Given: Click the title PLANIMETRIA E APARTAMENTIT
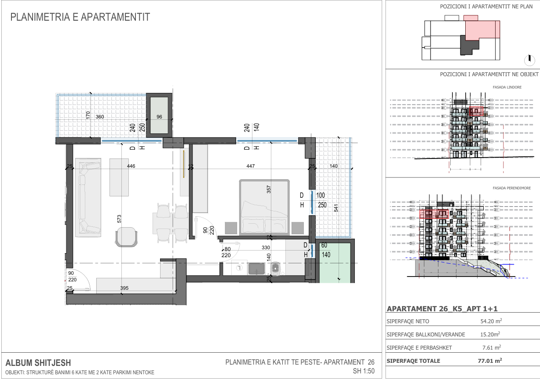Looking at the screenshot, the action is [80, 17].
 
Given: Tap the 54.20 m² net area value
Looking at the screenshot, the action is [491, 321].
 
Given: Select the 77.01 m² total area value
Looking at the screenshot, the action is [490, 361].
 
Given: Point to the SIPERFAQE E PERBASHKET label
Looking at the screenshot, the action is [419, 348].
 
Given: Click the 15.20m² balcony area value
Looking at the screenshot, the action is [490, 334].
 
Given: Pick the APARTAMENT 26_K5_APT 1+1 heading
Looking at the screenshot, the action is [442, 309].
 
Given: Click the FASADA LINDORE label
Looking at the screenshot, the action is [507, 87].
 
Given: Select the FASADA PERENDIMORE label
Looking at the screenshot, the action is [511, 188].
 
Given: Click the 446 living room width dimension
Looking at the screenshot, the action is [131, 166].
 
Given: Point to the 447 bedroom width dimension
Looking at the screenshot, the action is [251, 166].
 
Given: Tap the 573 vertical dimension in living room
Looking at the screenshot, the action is [119, 219].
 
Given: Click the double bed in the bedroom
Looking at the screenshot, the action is [264, 207].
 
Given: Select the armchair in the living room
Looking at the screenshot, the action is [126, 237].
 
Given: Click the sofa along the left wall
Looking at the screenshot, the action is [88, 197].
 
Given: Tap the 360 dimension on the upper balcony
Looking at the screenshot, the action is [100, 117].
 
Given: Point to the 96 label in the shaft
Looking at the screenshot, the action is [159, 117].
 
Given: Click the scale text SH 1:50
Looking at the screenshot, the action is [364, 371].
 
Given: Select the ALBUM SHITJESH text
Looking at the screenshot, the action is [38, 363].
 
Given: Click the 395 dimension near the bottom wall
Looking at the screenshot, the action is [124, 288].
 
